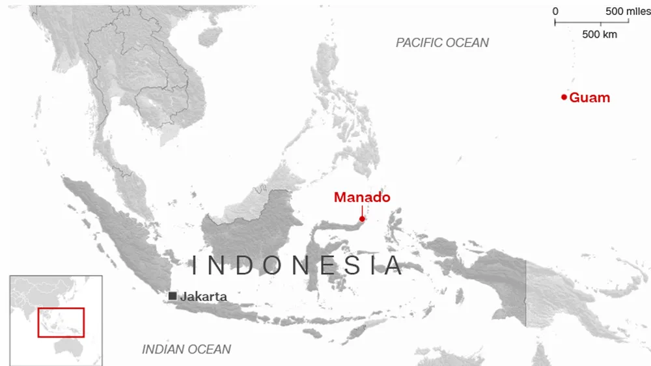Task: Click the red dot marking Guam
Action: click(564, 98)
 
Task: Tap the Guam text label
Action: click(590, 98)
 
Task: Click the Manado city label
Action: click(362, 197)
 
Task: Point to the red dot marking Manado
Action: click(362, 219)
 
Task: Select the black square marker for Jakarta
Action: click(173, 296)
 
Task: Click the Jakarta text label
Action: click(204, 296)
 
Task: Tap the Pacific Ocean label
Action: click(442, 43)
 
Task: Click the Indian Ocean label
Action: click(186, 349)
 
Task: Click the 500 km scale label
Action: click(600, 34)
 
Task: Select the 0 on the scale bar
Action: click(555, 11)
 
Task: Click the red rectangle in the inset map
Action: click(61, 322)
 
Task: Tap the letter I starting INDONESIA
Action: click(194, 266)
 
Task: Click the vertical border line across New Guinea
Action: click(526, 293)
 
